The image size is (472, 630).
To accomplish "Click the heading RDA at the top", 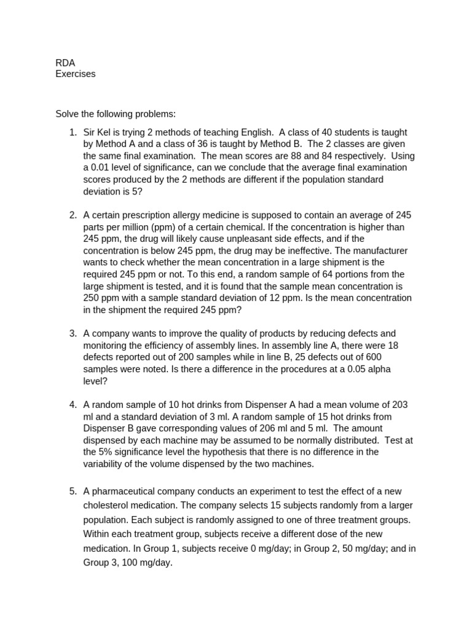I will tap(65, 62).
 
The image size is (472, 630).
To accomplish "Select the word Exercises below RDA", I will tap(76, 74).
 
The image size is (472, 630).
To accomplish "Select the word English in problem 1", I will tap(253, 132).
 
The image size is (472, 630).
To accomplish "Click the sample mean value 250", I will tap(92, 298).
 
